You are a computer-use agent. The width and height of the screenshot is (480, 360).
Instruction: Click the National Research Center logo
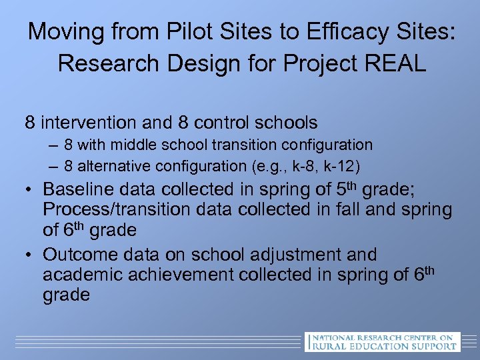tap(381, 341)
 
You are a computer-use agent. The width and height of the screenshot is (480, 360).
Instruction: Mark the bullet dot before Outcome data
tap(29, 255)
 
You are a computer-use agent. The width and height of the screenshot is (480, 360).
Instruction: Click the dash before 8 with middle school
tap(53, 145)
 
